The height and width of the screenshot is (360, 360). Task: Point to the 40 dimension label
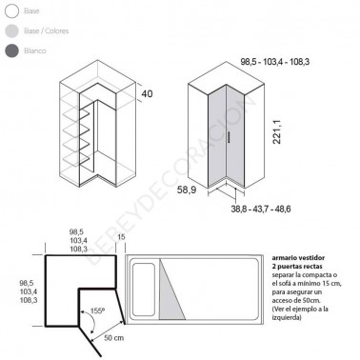coord(147,94)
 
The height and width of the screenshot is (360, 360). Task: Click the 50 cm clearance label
coord(113,338)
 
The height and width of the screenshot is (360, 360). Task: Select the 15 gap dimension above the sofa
coord(122,236)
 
